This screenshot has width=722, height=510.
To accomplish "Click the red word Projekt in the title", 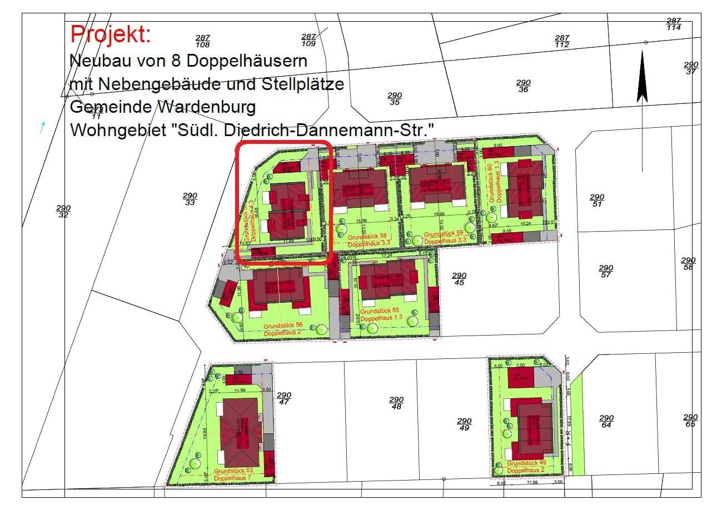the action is (x=111, y=34).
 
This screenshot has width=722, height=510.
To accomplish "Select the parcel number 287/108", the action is (x=203, y=41).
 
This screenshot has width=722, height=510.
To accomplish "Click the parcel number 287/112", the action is (x=562, y=41).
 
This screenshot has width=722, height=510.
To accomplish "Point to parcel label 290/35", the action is (x=395, y=99).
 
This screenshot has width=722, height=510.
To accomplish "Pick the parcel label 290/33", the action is (x=190, y=199).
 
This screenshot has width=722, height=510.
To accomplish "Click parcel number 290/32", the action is (x=63, y=211).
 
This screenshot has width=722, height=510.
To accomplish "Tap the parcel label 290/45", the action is (x=459, y=279).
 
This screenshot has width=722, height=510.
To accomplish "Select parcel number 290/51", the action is (x=596, y=201).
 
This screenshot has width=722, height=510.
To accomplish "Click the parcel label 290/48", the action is (x=396, y=403).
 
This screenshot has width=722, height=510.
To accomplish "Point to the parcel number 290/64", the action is (x=606, y=421).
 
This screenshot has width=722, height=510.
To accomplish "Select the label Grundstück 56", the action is (x=283, y=326).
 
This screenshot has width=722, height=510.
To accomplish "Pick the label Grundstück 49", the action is (x=526, y=463).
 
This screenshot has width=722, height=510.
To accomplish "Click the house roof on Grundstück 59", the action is (x=437, y=183).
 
